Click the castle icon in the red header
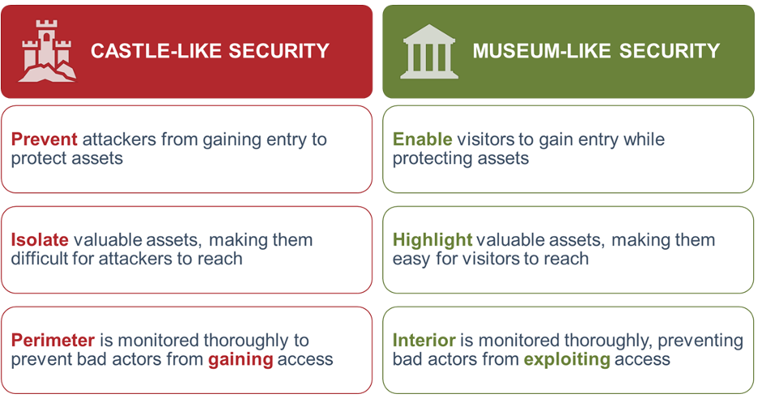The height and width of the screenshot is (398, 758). tap(47, 51)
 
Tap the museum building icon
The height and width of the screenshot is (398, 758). tap(428, 52)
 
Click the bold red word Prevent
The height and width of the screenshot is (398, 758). tap(44, 139)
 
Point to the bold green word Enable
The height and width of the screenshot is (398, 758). tap(422, 139)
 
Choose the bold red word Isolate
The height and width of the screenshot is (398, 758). tap(40, 239)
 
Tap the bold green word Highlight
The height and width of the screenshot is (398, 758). tap(432, 240)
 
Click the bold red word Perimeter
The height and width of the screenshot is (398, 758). tap(53, 340)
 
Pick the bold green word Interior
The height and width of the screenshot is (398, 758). tap(424, 340)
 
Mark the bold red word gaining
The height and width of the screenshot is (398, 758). tap(241, 360)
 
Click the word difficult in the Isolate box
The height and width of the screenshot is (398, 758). tap(40, 258)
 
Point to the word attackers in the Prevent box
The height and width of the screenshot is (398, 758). tap(119, 139)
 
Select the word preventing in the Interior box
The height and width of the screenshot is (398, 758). tap(701, 341)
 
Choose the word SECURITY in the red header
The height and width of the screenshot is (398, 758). tap(279, 51)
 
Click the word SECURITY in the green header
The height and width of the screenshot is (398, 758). tap(670, 51)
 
